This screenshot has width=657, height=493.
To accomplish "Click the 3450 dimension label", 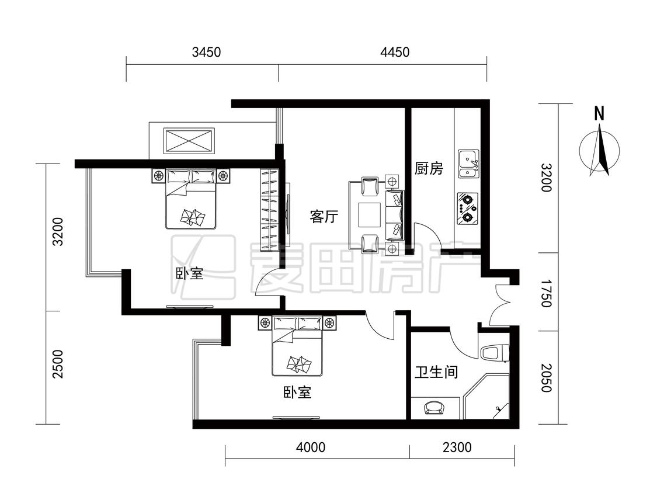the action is click(206, 53).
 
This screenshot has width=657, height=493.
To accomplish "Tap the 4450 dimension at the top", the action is click(395, 53).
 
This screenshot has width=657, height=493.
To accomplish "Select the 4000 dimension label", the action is click(311, 447).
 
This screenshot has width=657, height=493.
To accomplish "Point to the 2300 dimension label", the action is click(457, 447).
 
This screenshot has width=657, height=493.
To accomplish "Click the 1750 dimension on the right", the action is click(545, 293).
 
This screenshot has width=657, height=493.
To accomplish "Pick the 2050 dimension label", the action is click(545, 378).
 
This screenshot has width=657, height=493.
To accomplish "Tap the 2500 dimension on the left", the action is click(57, 364).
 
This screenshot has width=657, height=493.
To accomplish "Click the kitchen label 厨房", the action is click(429, 169).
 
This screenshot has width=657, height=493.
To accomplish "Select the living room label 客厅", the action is click(324, 217).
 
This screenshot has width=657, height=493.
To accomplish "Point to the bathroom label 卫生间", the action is click(436, 372).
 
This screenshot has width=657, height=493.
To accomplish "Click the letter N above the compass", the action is click(599, 113).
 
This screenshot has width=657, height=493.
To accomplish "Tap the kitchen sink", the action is click(468, 164).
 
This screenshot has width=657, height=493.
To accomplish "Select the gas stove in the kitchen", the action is click(468, 209).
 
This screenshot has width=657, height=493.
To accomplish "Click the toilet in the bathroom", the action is click(495, 353).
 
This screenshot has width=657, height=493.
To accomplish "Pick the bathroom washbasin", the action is click(434, 408).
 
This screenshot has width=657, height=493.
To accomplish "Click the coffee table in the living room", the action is click(370, 215).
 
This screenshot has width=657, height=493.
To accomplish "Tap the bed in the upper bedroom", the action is click(190, 199).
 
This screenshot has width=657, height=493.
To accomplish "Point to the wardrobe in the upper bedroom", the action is click(269, 210).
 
